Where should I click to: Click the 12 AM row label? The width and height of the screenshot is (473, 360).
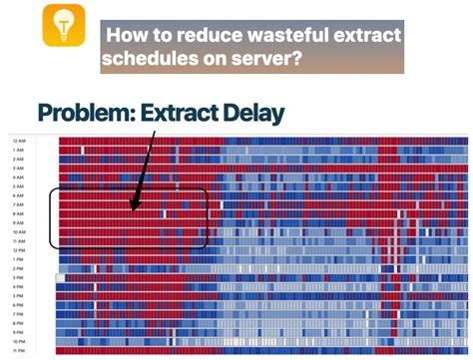point(19,143)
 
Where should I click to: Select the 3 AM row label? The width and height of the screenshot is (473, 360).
point(19,170)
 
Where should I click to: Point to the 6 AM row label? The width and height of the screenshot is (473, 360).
point(19,196)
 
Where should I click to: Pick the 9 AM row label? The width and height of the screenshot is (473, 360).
point(19,223)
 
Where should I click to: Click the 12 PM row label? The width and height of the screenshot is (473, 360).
point(19,250)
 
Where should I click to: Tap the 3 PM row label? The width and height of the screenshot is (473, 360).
point(19,278)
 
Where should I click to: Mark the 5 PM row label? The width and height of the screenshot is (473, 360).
point(19,296)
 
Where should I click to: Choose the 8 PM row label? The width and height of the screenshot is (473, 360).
point(19,323)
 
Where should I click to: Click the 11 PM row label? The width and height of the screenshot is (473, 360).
point(19,350)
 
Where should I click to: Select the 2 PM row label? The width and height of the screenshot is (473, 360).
point(19,269)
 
